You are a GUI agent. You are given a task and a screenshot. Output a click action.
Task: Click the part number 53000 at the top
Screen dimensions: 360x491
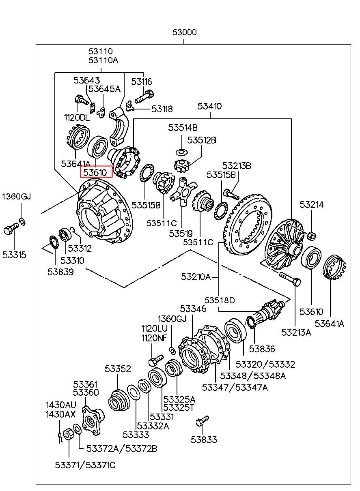pos(185,32)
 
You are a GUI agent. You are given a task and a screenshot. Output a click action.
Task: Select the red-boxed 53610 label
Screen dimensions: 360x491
pos(96,172)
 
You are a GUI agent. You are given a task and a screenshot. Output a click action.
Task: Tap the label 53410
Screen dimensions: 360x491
pos(209,106)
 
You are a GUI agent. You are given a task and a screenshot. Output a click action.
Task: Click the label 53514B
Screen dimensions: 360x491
pos(183,128)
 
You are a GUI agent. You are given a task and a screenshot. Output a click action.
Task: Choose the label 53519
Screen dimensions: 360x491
pos(181,234)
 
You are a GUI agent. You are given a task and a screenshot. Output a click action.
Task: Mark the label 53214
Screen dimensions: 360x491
pos(312,205)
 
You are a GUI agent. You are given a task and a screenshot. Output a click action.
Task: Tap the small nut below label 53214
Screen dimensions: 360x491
pos(312,236)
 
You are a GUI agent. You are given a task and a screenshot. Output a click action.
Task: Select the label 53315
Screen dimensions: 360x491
pos(14,255)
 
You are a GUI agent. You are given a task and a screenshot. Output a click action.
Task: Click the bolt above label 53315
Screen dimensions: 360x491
pos(11,228)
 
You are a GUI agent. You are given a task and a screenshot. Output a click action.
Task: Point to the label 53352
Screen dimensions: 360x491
pos(118,369)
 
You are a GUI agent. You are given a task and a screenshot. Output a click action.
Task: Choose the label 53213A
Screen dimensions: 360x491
pos(296,332)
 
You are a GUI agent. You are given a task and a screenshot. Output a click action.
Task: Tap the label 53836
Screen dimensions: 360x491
pos(262,349)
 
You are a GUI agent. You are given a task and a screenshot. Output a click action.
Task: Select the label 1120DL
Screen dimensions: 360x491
pos(77,118)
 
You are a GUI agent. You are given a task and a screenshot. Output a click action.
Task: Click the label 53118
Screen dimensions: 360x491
pos(162,109)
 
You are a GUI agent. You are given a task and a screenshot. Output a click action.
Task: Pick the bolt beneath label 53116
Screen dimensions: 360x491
pos(144,97)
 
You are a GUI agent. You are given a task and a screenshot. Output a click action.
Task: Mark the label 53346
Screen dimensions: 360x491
pos(193,309)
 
